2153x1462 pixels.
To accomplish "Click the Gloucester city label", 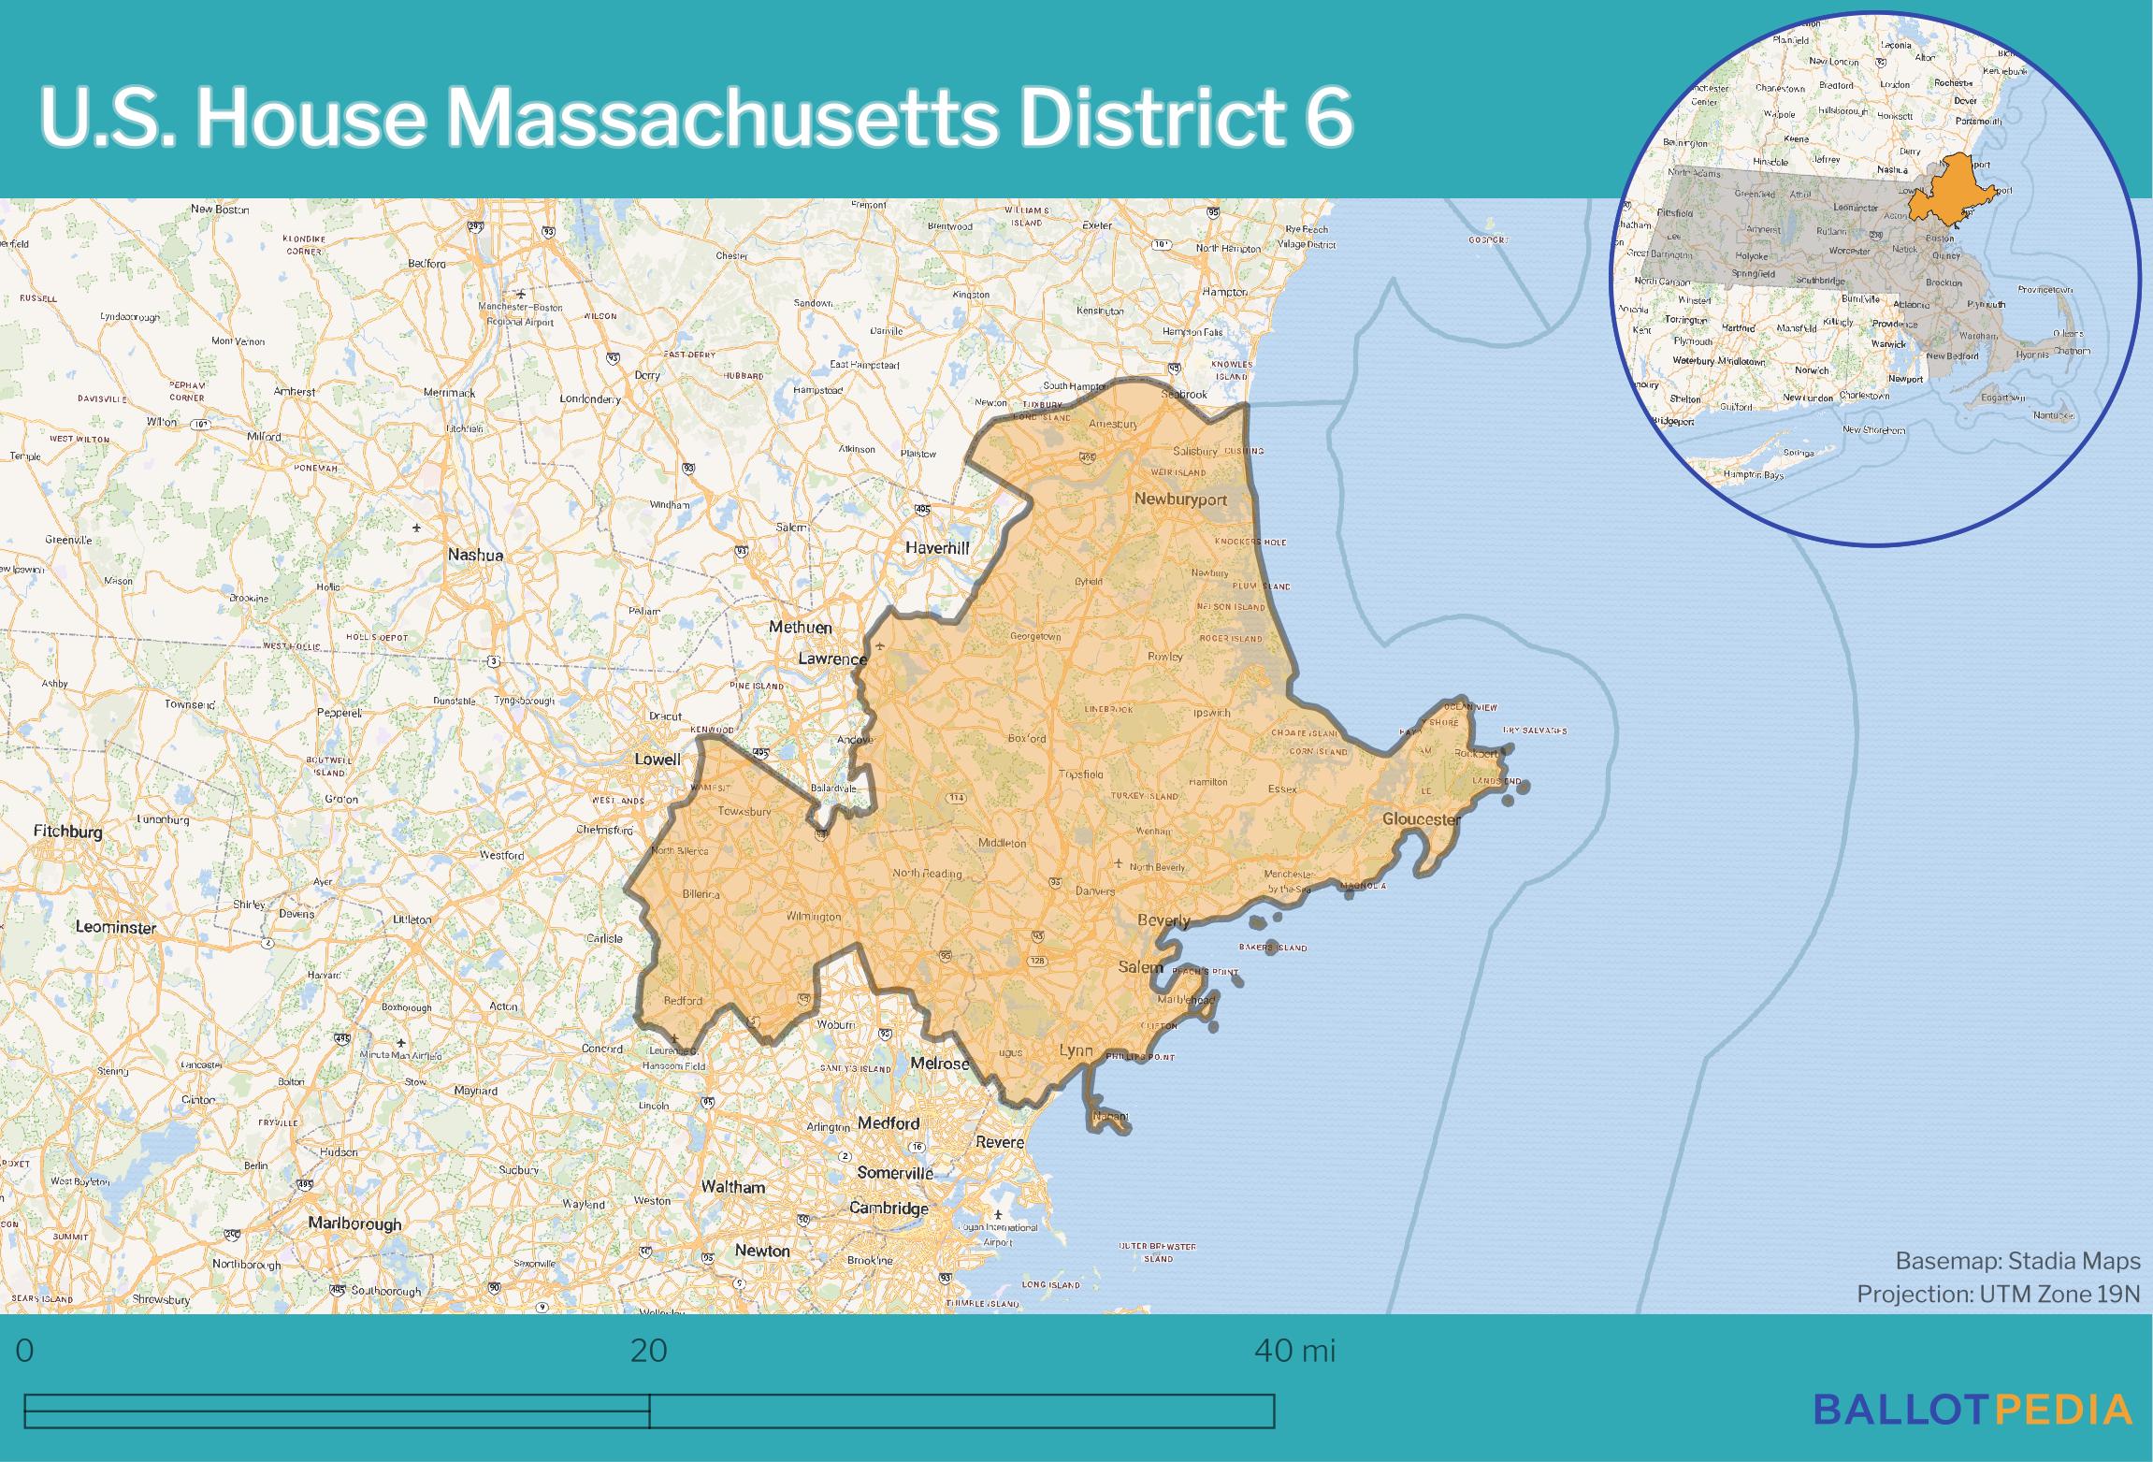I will click(1421, 819).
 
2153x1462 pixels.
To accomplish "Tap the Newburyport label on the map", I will click(1180, 499).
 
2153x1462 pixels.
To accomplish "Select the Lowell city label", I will click(657, 759).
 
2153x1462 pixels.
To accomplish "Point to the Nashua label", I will click(475, 555).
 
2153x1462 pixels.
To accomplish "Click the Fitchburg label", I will click(68, 831).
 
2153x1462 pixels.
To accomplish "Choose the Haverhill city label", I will click(937, 548).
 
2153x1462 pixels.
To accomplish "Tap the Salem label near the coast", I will click(1141, 967).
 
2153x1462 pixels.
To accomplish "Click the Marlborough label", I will click(354, 1223).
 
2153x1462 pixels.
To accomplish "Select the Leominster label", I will click(116, 928).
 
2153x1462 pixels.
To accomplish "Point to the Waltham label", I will click(733, 1187).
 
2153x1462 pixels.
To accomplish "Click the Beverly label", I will click(1163, 920).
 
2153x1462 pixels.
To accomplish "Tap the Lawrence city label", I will click(832, 659).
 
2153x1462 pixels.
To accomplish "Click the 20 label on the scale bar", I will click(649, 1351).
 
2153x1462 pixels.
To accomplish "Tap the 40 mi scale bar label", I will click(1294, 1351).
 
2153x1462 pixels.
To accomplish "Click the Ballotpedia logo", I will click(1973, 1409).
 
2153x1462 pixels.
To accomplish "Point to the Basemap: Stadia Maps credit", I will click(2017, 1261).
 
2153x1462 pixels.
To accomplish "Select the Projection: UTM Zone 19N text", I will click(1998, 1294).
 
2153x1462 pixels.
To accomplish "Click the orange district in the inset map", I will click(1950, 193).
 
